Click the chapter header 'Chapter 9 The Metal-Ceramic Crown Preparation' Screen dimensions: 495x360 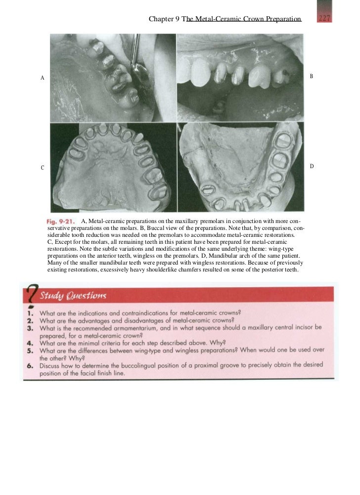click(x=225, y=19)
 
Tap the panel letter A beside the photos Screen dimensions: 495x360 click(x=43, y=78)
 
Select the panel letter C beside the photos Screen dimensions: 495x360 click(x=43, y=168)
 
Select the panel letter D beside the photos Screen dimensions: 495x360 click(x=312, y=166)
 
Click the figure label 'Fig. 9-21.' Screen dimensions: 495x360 click(x=62, y=221)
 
